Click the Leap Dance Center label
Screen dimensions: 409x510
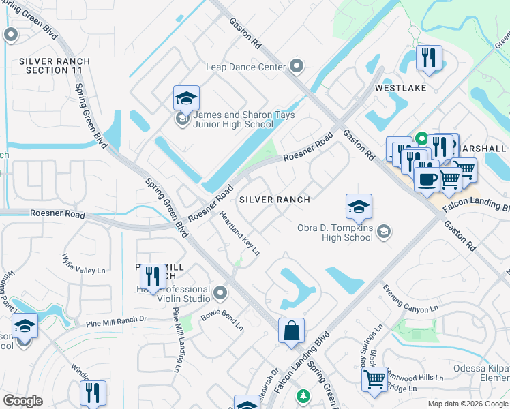(x=245, y=67)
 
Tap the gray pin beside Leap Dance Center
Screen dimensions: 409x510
(x=297, y=66)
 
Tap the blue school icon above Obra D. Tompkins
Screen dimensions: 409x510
(x=359, y=206)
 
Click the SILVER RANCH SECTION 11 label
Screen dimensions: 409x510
(x=55, y=65)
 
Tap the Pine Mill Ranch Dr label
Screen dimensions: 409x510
(x=116, y=320)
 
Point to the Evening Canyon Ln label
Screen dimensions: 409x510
(x=410, y=299)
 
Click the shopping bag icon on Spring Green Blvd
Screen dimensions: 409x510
(x=291, y=331)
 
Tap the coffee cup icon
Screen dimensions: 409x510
(x=427, y=179)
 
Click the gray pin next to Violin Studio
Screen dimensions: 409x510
(x=220, y=293)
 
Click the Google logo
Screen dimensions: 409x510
(x=22, y=401)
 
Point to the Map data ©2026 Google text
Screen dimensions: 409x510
(x=467, y=404)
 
